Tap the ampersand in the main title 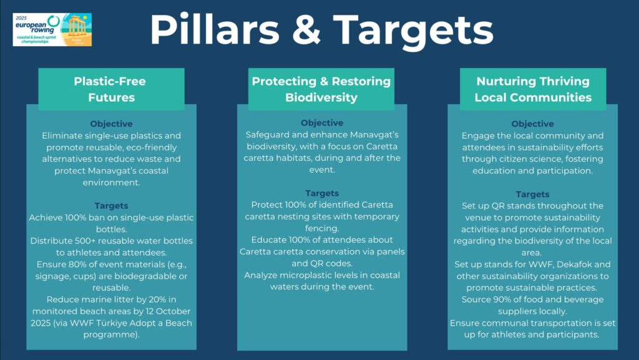306,29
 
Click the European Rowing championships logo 52,29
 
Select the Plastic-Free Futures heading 111,89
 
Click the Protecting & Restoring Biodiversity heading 321,89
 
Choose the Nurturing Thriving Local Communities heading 533,89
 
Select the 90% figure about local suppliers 502,299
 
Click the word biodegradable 145,276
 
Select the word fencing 322,228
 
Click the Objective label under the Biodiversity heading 322,122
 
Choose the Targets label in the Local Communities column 532,194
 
